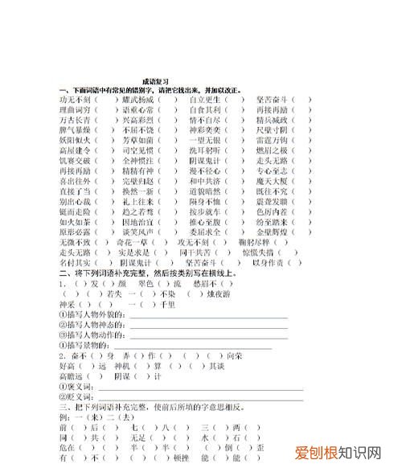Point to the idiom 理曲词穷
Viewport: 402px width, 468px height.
74,109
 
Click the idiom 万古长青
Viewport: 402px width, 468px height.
74,119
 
